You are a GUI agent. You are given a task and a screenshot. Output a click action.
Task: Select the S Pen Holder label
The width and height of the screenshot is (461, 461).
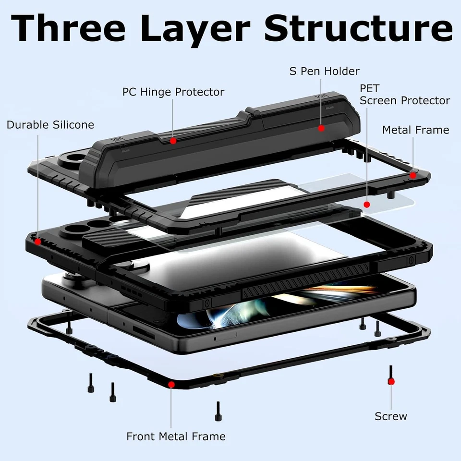point(324,71)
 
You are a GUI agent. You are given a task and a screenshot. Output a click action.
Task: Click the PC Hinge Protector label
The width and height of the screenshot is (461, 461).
point(173,91)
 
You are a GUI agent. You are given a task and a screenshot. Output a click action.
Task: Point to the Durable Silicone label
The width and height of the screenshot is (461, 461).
point(50,125)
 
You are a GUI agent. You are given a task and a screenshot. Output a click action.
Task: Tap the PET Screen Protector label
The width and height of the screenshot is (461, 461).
point(404,95)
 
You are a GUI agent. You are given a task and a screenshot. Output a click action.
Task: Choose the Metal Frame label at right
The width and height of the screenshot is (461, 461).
point(415,130)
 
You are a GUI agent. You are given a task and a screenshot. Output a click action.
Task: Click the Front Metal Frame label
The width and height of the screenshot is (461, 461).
point(176,437)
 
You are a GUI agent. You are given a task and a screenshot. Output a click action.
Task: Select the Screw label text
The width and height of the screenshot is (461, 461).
point(391,416)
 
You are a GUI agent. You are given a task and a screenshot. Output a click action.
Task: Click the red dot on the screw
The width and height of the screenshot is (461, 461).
point(391,381)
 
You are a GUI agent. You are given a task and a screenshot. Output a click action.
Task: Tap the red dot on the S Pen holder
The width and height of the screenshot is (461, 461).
point(321,128)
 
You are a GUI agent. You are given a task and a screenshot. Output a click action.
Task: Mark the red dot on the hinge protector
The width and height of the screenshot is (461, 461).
point(173,141)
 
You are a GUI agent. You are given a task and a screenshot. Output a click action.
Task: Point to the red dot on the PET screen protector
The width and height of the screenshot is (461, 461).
point(366,204)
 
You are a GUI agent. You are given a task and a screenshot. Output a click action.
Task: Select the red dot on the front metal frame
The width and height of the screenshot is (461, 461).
point(171,384)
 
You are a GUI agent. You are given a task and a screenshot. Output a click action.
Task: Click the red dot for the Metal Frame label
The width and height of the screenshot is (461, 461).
point(412,176)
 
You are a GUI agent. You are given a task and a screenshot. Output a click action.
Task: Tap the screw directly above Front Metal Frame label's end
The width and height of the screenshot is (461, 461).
point(218,411)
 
